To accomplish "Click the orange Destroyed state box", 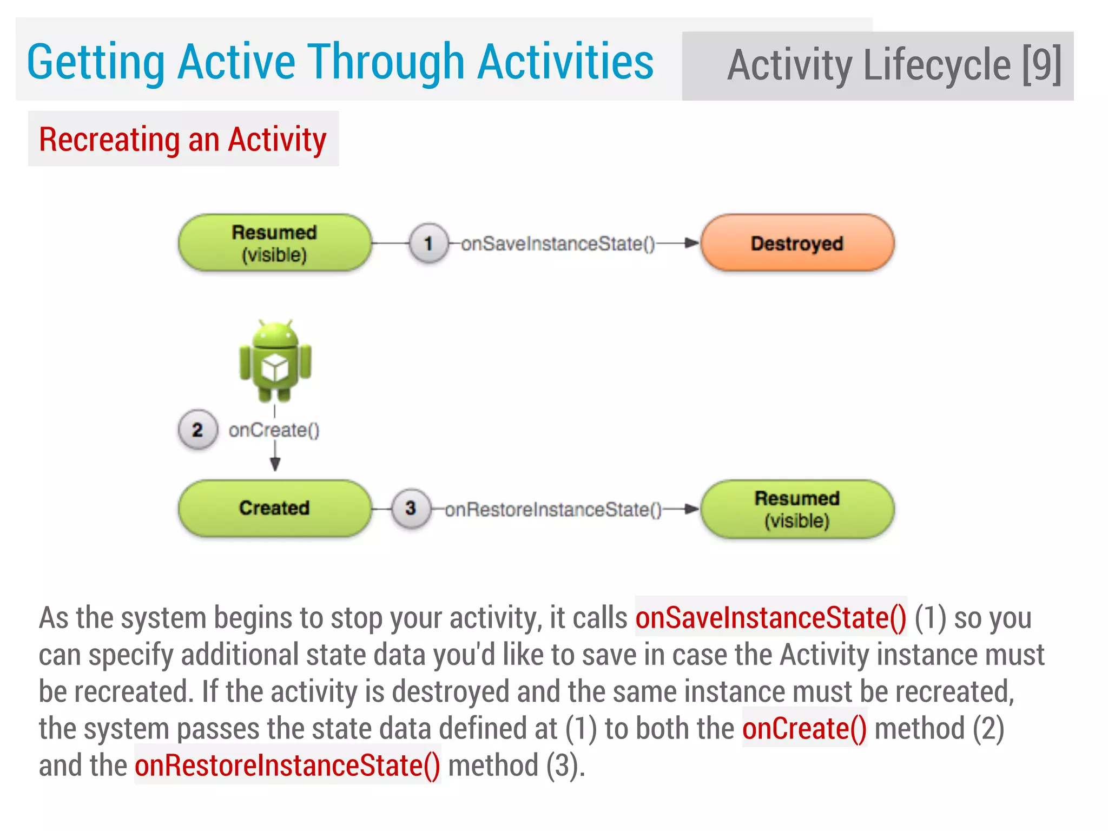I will pos(797,243).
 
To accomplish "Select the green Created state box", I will pos(274,508).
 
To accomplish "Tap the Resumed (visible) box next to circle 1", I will pos(274,243).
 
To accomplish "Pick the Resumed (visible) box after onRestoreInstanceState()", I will pos(797,509).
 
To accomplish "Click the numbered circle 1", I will pos(428,243).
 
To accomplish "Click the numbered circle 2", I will pos(197,430).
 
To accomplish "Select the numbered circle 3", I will pos(411,508).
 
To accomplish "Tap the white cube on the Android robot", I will pos(275,368).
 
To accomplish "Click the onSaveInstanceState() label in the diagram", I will pos(558,244).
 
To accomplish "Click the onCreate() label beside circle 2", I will pos(274,431).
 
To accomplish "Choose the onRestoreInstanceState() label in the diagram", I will pos(553,510).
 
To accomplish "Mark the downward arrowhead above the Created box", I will pos(275,464).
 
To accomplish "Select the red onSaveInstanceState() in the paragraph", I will pos(770,618).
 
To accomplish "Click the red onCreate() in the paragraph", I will pos(804,729).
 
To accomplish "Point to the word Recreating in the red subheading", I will pos(110,140).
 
